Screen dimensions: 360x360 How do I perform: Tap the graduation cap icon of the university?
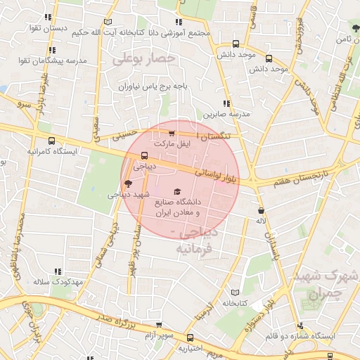[x=176, y=191]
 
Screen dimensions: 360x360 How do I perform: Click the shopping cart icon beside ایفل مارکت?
[x=173, y=132]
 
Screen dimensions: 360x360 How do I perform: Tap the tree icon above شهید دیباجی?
[x=127, y=184]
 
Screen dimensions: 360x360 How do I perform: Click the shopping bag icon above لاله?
[x=262, y=210]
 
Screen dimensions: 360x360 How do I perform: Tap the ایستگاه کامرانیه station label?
[x=53, y=151]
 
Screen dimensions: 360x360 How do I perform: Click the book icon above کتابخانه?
[x=235, y=292]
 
